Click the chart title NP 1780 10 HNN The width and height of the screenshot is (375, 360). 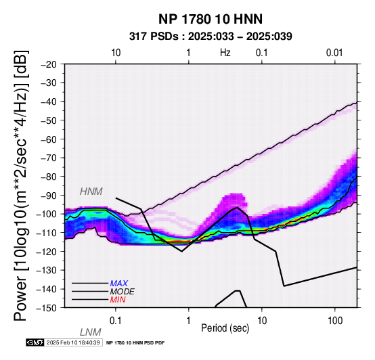pos(211,19)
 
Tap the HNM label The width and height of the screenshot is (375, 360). pos(91,192)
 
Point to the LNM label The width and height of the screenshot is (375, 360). pos(91,332)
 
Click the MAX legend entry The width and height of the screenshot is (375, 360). pos(119,284)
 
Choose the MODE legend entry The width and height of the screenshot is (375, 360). pos(123,292)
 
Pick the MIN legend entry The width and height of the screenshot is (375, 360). pos(118,300)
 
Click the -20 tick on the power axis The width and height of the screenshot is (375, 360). pos(49,64)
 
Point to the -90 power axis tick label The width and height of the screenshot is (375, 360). pos(49,196)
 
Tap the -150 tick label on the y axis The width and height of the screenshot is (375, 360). pos(47,308)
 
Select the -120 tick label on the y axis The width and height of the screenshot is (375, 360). pos(47,252)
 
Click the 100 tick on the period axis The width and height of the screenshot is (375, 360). pos(335,321)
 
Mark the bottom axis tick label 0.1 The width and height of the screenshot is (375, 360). pos(116,321)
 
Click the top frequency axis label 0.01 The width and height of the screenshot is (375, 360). pos(334,53)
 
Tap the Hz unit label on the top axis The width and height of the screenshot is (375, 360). pos(225,53)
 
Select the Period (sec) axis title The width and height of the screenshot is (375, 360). pos(225,328)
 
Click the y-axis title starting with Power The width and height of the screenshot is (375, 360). pos(21,185)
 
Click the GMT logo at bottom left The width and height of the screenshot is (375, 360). pos(35,342)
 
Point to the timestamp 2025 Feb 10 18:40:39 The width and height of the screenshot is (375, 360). pos(73,342)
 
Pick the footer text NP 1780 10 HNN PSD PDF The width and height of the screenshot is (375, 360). pos(135,343)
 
